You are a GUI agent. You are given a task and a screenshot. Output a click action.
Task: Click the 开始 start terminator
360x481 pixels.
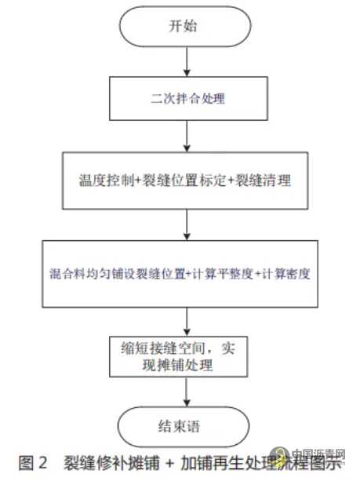click(185, 25)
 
